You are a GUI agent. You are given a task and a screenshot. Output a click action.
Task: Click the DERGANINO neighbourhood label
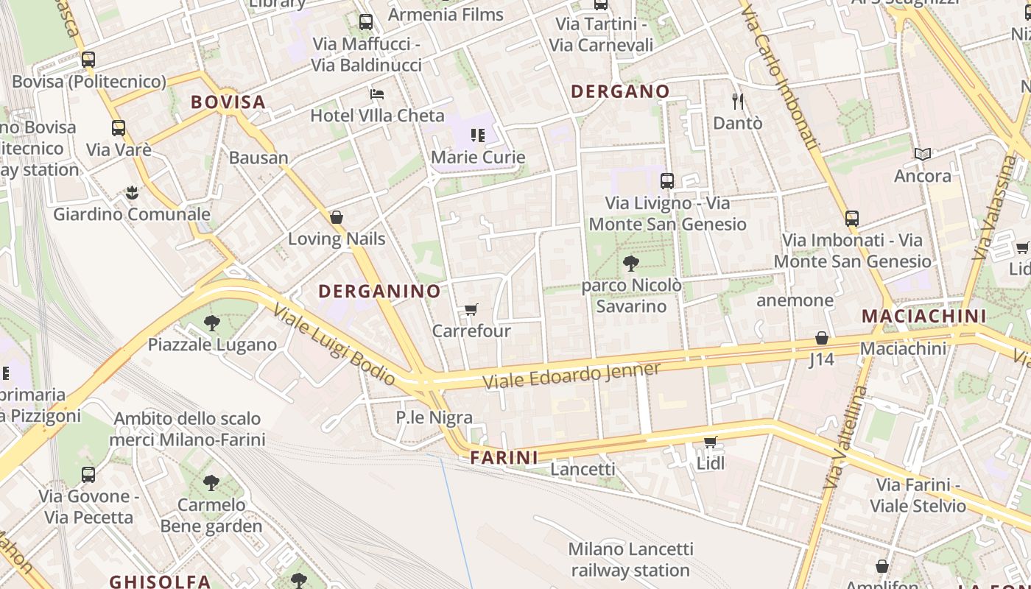379,291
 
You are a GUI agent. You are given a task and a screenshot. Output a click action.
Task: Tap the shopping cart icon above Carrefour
471,309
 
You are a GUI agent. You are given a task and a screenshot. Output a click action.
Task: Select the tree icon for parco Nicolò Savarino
630,263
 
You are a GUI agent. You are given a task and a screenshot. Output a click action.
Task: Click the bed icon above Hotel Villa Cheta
377,94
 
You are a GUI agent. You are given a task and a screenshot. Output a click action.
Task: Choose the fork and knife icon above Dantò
738,101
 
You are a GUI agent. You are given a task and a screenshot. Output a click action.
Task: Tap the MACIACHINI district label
923,316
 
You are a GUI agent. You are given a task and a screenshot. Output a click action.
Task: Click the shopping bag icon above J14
822,338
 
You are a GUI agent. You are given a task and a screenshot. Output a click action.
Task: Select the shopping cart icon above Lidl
710,442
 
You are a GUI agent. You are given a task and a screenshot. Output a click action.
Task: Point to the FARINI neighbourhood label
504,457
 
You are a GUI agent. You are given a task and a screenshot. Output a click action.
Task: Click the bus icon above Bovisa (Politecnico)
88,60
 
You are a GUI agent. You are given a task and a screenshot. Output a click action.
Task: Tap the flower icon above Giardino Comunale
132,193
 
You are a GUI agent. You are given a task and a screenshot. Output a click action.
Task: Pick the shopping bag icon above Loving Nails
337,217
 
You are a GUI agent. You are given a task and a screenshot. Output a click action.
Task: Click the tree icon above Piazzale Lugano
211,322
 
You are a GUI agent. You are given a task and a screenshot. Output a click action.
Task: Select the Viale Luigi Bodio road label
334,344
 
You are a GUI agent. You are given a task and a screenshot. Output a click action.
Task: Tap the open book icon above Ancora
923,154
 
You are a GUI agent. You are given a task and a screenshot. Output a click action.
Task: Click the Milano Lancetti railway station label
630,560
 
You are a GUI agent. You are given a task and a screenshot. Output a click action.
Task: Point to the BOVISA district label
228,102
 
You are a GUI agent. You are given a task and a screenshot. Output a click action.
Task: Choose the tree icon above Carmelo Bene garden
211,483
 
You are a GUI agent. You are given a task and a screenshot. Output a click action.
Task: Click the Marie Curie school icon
478,135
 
